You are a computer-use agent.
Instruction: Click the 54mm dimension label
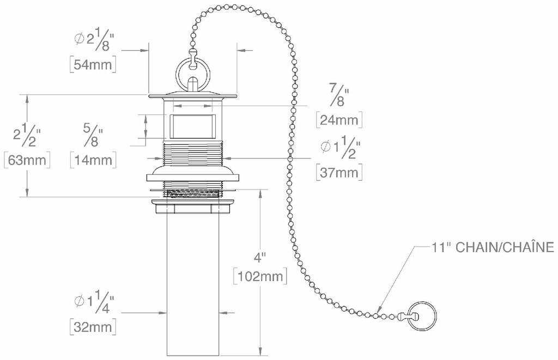93,64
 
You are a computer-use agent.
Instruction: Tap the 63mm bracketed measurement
27,160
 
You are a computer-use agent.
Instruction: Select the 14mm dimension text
93,160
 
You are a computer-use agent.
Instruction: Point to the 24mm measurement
339,119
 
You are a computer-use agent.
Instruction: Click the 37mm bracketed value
339,172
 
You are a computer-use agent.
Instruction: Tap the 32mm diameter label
93,327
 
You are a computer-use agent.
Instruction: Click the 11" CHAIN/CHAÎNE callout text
493,247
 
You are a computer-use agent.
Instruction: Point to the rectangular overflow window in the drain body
192,126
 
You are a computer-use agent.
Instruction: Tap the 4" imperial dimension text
260,257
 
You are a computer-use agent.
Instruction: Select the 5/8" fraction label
93,136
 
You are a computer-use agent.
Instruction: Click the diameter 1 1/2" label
341,147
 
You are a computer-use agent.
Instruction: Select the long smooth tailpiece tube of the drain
193,285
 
